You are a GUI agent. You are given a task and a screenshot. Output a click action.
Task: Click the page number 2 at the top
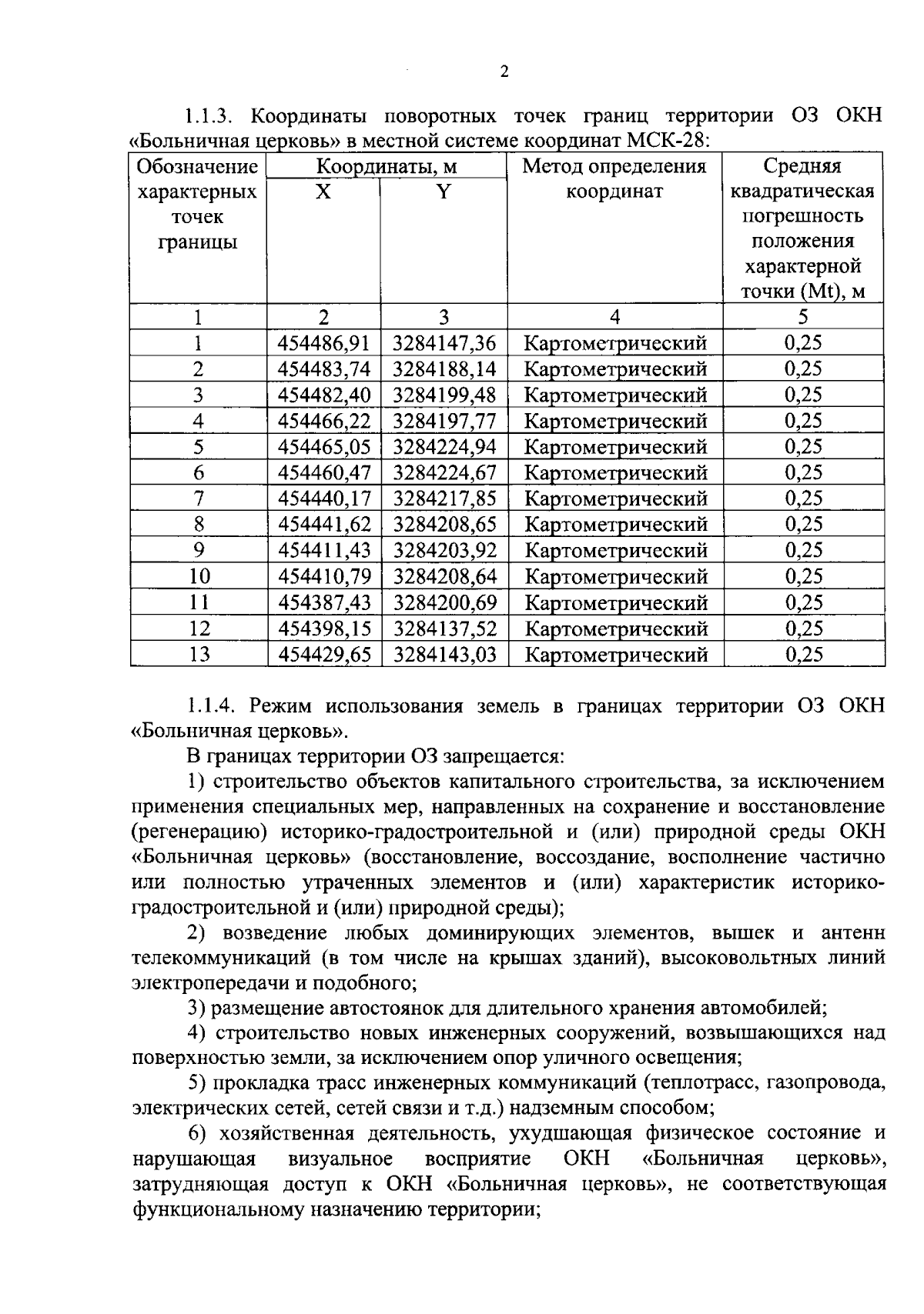tap(504, 73)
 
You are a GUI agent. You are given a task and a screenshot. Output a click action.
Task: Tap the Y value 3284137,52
tap(444, 629)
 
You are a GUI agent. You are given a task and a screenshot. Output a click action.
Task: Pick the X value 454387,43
tap(324, 603)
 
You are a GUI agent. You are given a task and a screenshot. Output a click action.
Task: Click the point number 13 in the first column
tap(199, 655)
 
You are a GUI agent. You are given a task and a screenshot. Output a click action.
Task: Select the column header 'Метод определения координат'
tap(614, 178)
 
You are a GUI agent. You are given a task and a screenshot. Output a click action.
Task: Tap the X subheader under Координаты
tap(323, 192)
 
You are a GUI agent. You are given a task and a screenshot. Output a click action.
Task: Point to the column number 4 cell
tap(614, 317)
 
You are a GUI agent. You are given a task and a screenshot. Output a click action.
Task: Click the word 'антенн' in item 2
tap(853, 933)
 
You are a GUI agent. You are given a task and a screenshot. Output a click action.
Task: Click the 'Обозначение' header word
tap(197, 167)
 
